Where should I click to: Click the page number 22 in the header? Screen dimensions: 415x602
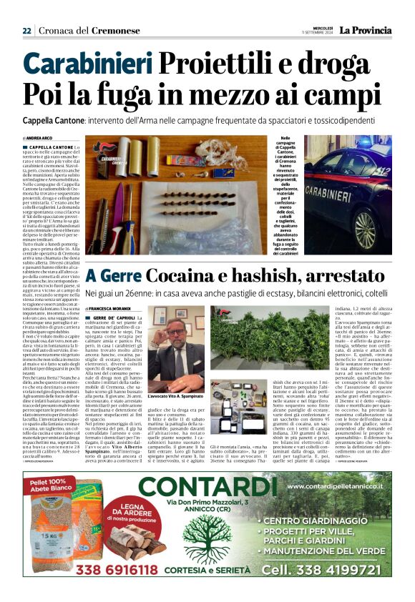(26, 31)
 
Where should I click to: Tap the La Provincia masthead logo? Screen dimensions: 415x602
(365, 31)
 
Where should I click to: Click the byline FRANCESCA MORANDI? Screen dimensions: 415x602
(116, 307)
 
